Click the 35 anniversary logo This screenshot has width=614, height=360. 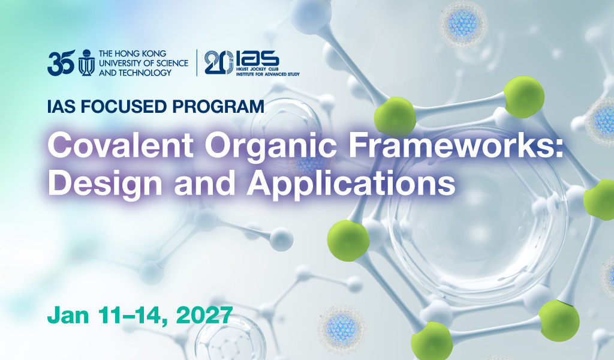tap(61, 62)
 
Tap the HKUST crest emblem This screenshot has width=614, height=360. tap(86, 62)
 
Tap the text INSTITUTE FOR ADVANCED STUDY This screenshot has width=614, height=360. tap(268, 74)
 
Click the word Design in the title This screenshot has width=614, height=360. tap(105, 184)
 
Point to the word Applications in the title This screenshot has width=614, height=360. tap(351, 184)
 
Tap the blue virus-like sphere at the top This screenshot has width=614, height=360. tap(462, 23)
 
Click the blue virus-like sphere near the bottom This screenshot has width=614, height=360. tap(341, 329)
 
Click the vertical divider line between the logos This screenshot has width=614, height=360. tap(197, 62)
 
